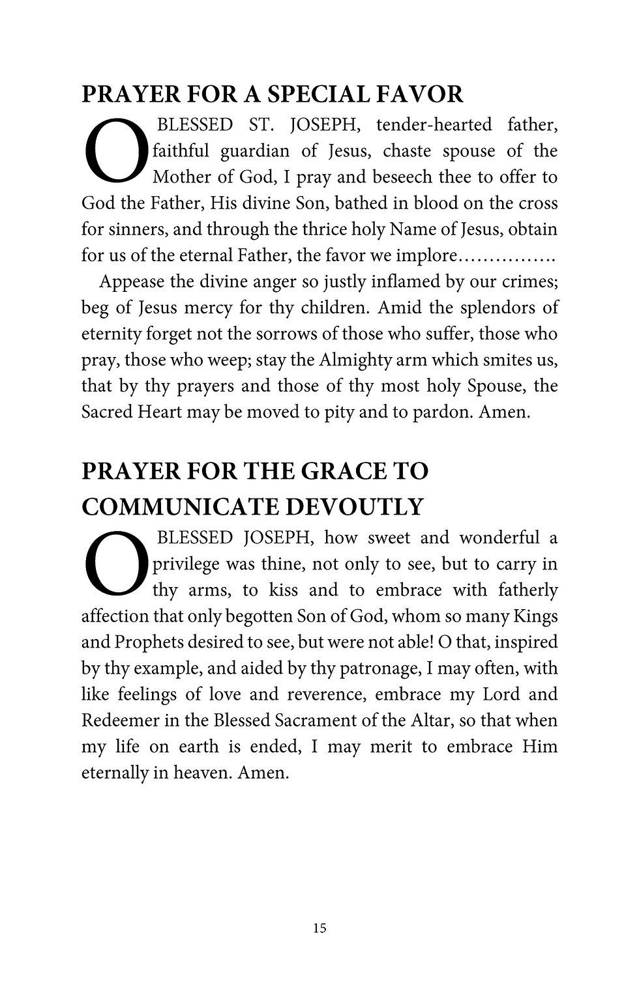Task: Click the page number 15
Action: [319, 928]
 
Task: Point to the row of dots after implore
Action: [507, 256]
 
